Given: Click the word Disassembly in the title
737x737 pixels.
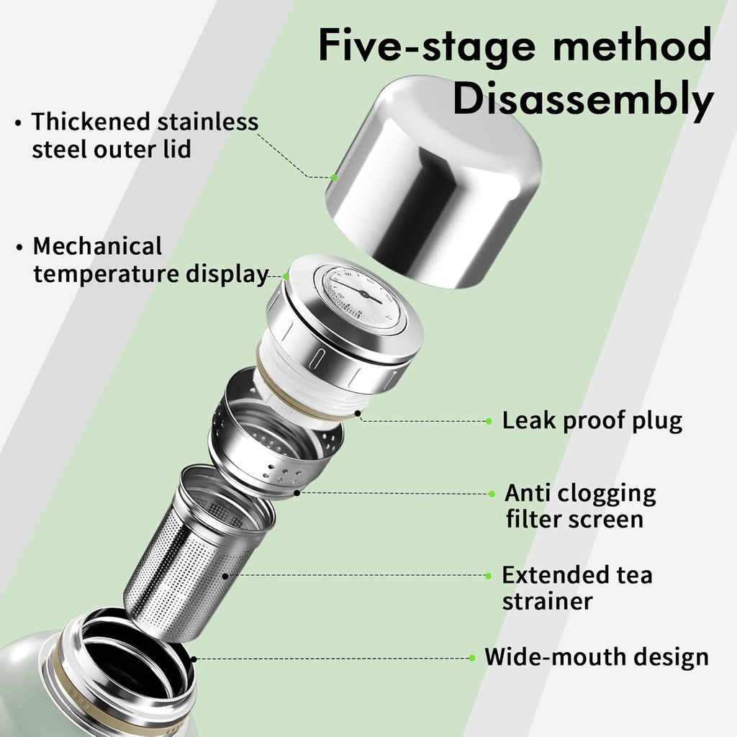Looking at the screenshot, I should [x=582, y=101].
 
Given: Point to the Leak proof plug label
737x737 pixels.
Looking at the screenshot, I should [x=592, y=420].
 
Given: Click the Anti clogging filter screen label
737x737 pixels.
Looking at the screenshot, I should [x=580, y=506].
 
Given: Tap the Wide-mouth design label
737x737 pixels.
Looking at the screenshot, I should [x=596, y=657].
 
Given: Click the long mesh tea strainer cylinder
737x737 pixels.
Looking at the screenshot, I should [x=194, y=561].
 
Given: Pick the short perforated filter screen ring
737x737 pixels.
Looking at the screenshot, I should [x=273, y=439].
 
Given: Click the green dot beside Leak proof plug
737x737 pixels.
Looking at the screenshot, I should [x=489, y=421].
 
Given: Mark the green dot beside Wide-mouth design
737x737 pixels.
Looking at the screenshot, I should [x=472, y=658].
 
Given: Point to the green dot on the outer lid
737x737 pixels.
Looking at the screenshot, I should [x=335, y=176].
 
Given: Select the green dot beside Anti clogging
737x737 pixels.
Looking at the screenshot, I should [x=492, y=494].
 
